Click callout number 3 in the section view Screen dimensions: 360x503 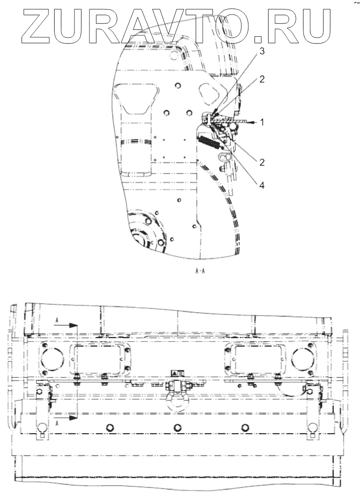[262, 51]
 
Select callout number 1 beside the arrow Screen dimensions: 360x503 [262, 122]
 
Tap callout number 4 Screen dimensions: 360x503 [262, 185]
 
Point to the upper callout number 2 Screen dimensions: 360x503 [262, 79]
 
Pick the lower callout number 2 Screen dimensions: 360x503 [262, 162]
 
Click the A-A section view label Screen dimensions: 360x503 [200, 272]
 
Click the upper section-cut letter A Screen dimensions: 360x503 [57, 320]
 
